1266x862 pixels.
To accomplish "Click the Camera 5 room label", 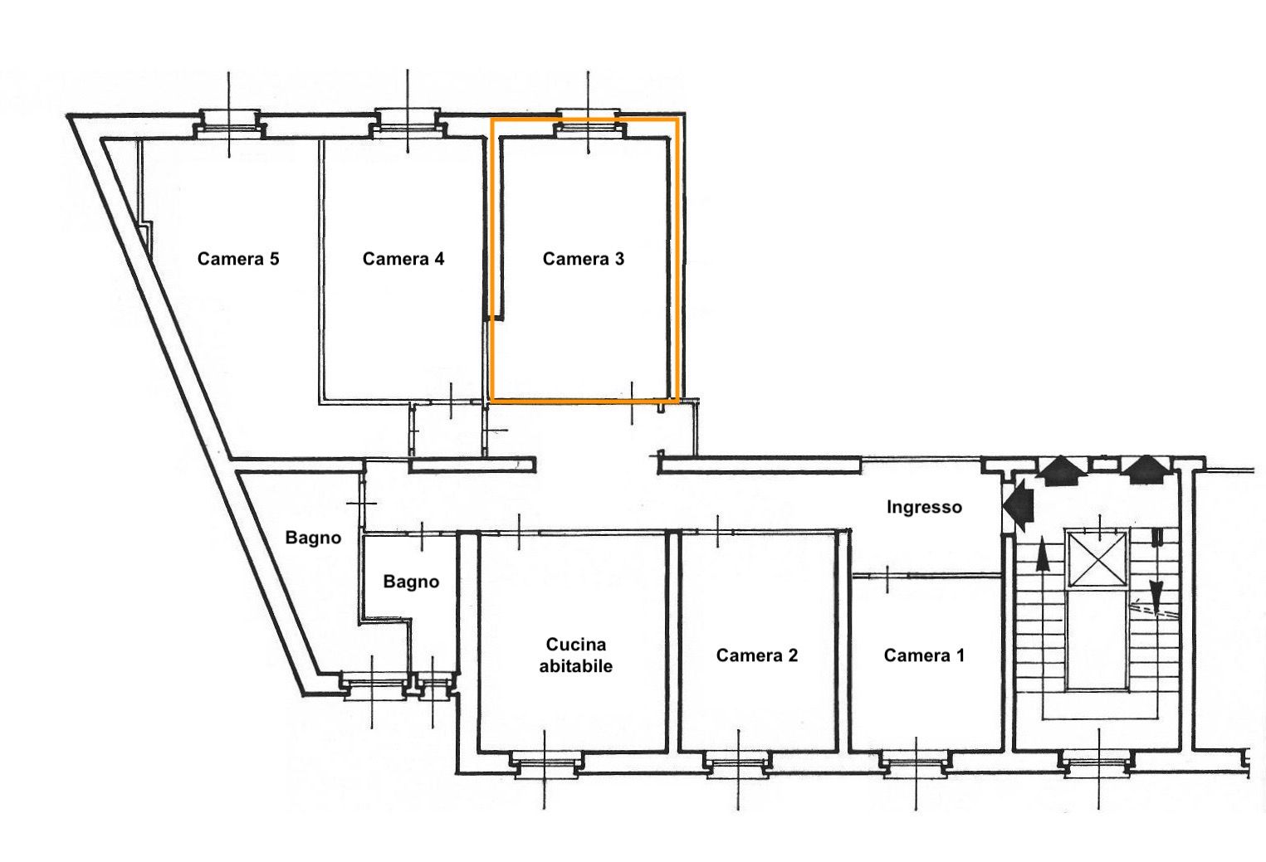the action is [x=238, y=259].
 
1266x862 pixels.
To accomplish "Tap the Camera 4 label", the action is [x=403, y=259].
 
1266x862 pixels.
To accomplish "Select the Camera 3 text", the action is [x=584, y=259].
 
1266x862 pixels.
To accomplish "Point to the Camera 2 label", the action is [x=757, y=655].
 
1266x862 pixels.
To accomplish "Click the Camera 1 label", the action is [x=924, y=655].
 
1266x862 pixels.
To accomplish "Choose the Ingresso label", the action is [x=924, y=507].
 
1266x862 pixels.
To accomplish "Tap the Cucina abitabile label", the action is [x=576, y=655].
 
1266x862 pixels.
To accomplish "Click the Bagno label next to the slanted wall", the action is [x=313, y=538].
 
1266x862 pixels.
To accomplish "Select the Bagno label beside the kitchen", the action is [x=411, y=582].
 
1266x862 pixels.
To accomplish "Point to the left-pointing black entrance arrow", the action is [x=1019, y=504].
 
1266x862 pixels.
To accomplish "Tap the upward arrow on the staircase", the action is [x=1043, y=557].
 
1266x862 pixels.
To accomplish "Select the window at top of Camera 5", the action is [x=229, y=124].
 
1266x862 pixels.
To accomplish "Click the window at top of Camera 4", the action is [x=408, y=123].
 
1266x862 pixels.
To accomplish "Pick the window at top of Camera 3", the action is [x=588, y=124].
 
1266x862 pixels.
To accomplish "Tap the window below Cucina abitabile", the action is [x=545, y=765].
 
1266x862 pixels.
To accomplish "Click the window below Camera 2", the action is [x=738, y=765].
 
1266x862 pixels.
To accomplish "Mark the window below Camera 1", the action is [x=917, y=765].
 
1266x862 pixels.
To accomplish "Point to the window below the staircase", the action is [x=1098, y=765].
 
